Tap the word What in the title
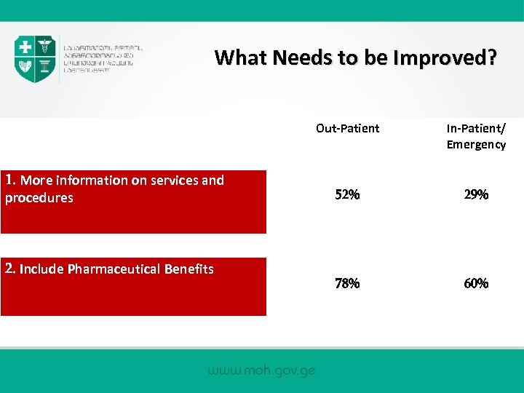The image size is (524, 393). (241, 57)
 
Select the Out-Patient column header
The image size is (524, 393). (347, 129)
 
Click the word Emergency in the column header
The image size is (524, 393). (476, 145)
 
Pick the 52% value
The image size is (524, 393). (347, 195)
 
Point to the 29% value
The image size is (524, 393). (476, 195)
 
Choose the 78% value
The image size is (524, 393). (347, 284)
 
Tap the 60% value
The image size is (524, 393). (476, 284)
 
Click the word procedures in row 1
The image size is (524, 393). (39, 198)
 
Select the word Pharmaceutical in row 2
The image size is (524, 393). (113, 269)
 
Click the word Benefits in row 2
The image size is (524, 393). (188, 269)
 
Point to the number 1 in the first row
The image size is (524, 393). (9, 180)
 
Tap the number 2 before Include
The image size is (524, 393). (9, 269)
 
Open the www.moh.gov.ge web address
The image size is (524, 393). (262, 370)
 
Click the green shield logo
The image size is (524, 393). (35, 58)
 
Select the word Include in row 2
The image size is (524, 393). (41, 269)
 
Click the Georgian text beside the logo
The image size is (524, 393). (102, 58)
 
